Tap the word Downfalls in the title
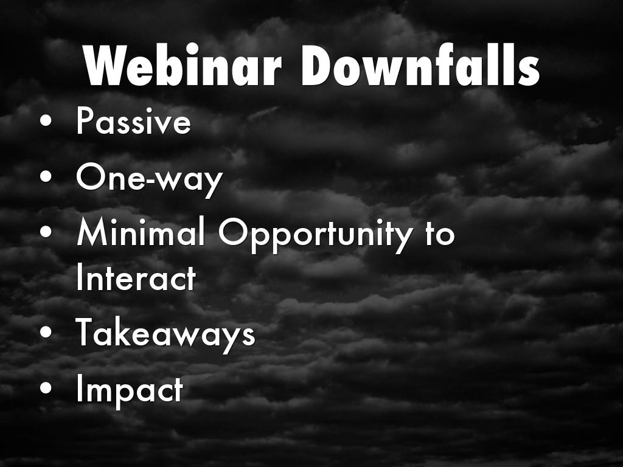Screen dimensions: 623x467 pos(420,64)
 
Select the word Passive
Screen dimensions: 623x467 pos(133,121)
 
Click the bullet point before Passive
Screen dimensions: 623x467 pos(46,120)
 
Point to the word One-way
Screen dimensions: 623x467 pos(149,179)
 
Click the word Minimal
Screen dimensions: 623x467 pos(141,232)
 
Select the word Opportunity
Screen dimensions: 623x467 pos(315,234)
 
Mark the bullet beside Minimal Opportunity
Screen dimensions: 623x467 pos(46,232)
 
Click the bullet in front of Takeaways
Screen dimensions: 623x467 pos(46,332)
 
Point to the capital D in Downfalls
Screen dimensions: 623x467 pos(318,64)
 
